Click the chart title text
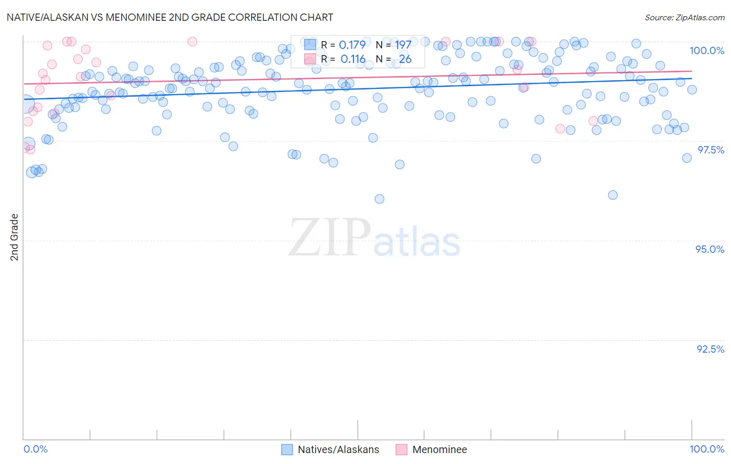(x=170, y=17)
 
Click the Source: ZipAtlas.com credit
(x=684, y=17)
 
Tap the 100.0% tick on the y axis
(x=707, y=50)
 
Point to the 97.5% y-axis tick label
(x=710, y=150)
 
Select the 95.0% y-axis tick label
(x=710, y=249)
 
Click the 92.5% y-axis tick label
(x=710, y=349)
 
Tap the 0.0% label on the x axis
(x=36, y=449)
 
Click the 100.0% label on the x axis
(x=707, y=449)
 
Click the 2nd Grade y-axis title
(x=15, y=237)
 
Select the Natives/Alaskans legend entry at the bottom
(x=338, y=449)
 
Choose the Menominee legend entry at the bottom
(x=439, y=449)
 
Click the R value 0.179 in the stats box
(x=352, y=45)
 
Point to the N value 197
(x=403, y=45)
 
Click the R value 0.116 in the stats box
(x=353, y=59)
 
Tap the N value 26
(x=405, y=59)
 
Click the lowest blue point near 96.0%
(x=380, y=199)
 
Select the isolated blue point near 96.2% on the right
(x=613, y=195)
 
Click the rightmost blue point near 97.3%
(x=687, y=158)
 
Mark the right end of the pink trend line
(x=692, y=71)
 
